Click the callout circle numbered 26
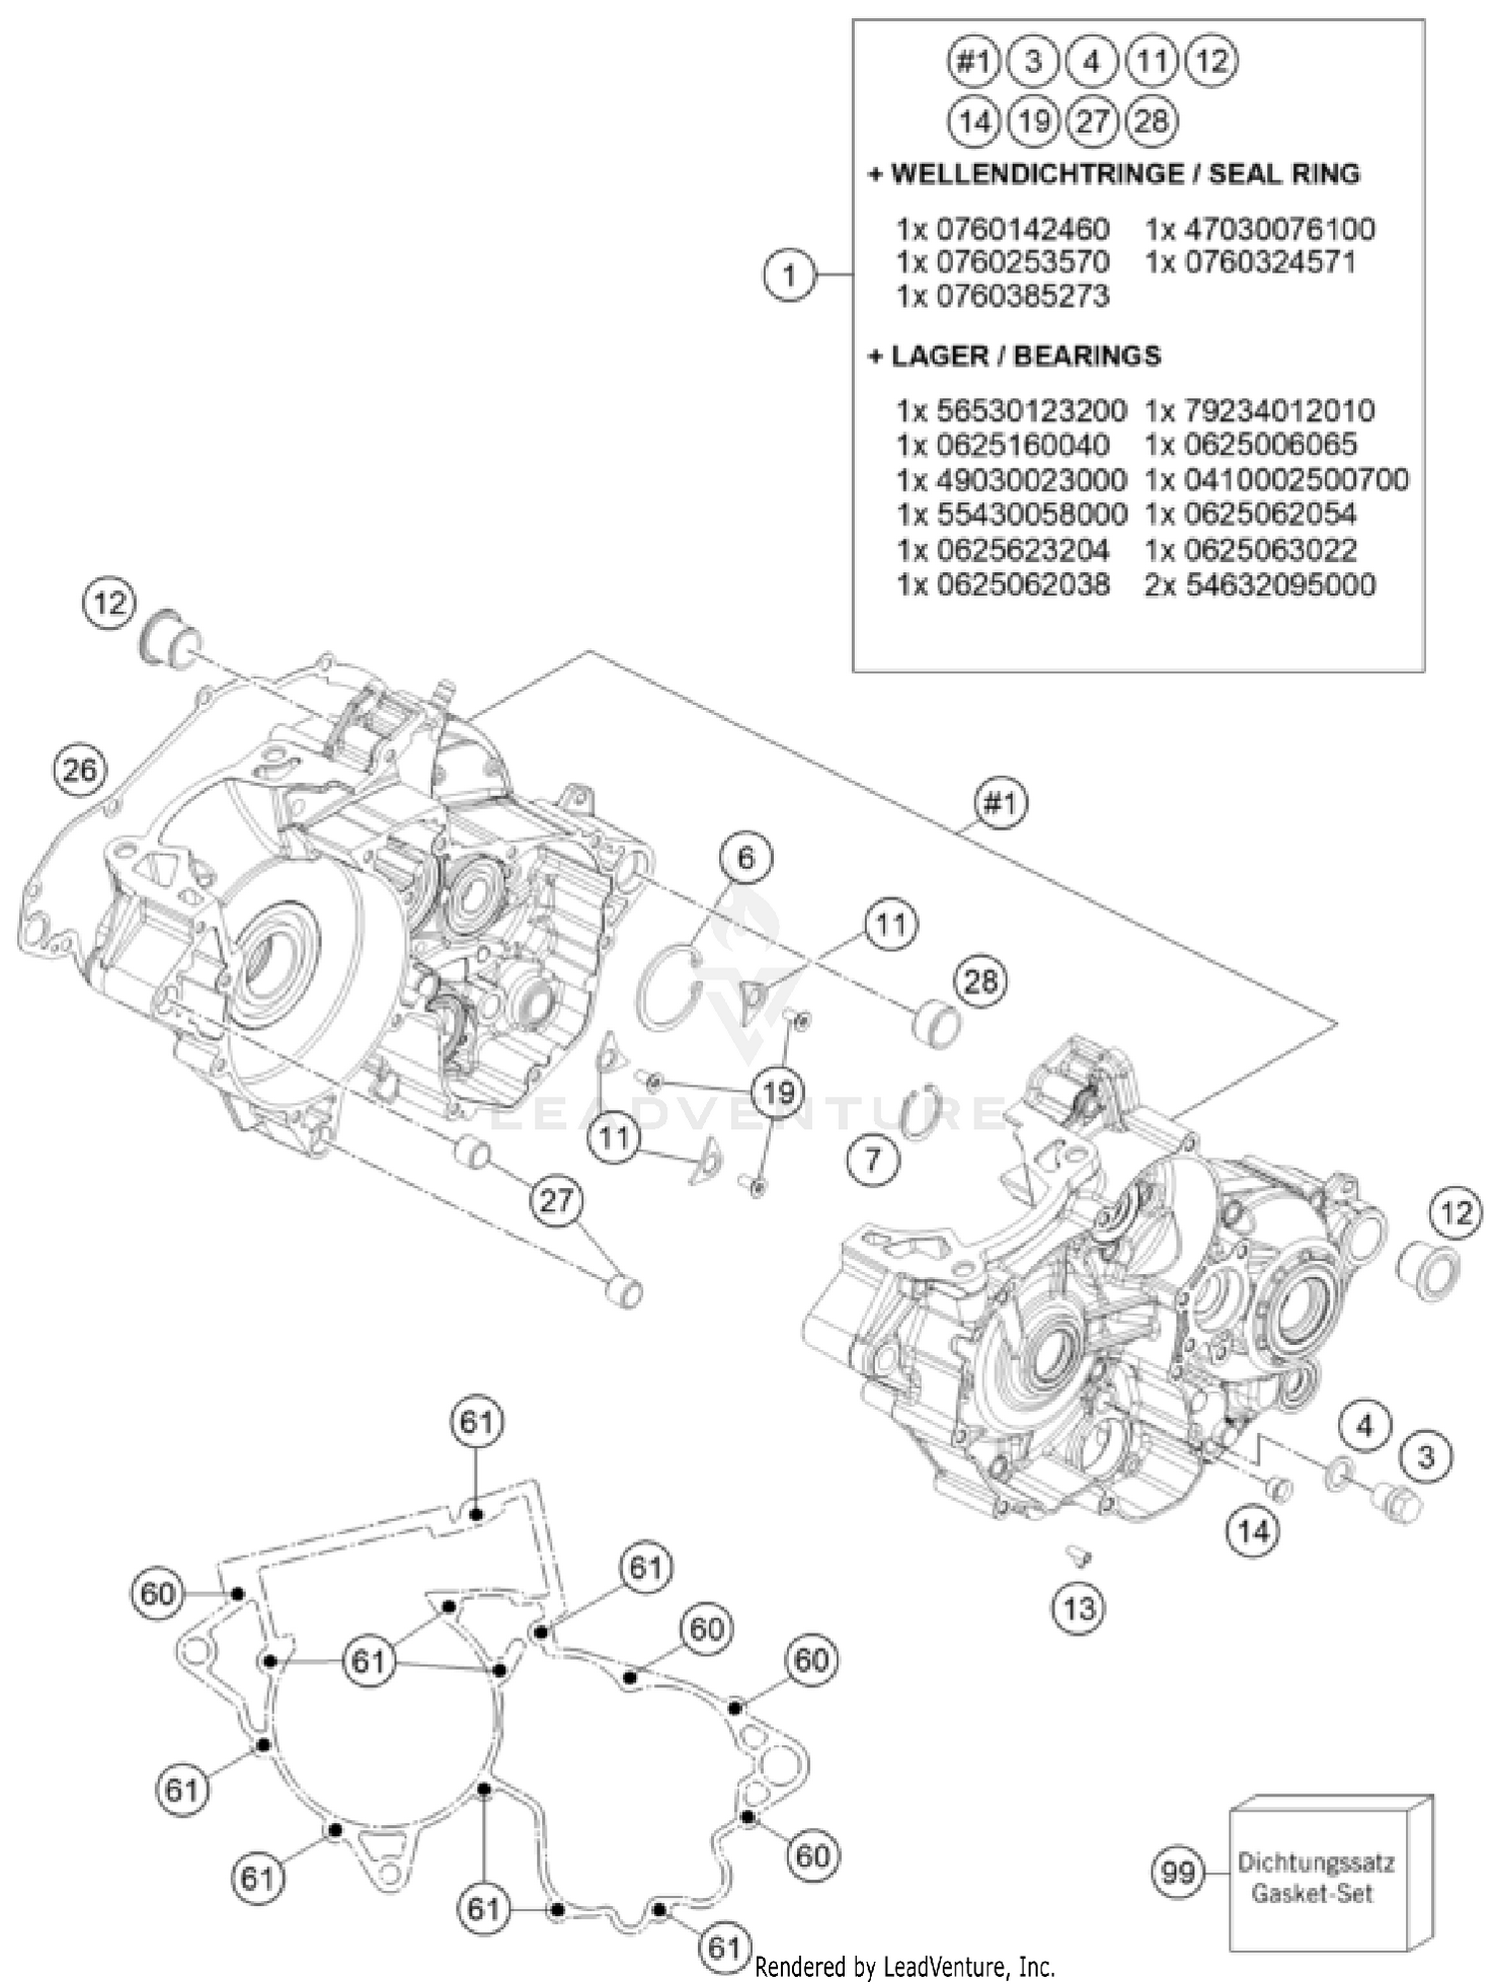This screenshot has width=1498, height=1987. point(80,770)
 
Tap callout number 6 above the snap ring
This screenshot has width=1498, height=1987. point(747,857)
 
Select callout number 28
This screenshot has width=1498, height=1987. point(980,982)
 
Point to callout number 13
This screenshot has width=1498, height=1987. point(1080,1608)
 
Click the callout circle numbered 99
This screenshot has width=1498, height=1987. point(1178,1870)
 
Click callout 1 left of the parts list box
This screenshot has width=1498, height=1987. point(790,274)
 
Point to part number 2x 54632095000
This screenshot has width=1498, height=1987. point(1260,585)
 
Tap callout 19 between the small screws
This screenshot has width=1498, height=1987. point(778,1091)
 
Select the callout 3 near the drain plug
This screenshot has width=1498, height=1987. point(1425,1457)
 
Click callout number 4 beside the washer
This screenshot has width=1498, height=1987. point(1365,1426)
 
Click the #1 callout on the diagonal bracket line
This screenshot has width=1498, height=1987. point(1001,803)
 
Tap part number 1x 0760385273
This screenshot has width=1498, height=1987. point(1003,297)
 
